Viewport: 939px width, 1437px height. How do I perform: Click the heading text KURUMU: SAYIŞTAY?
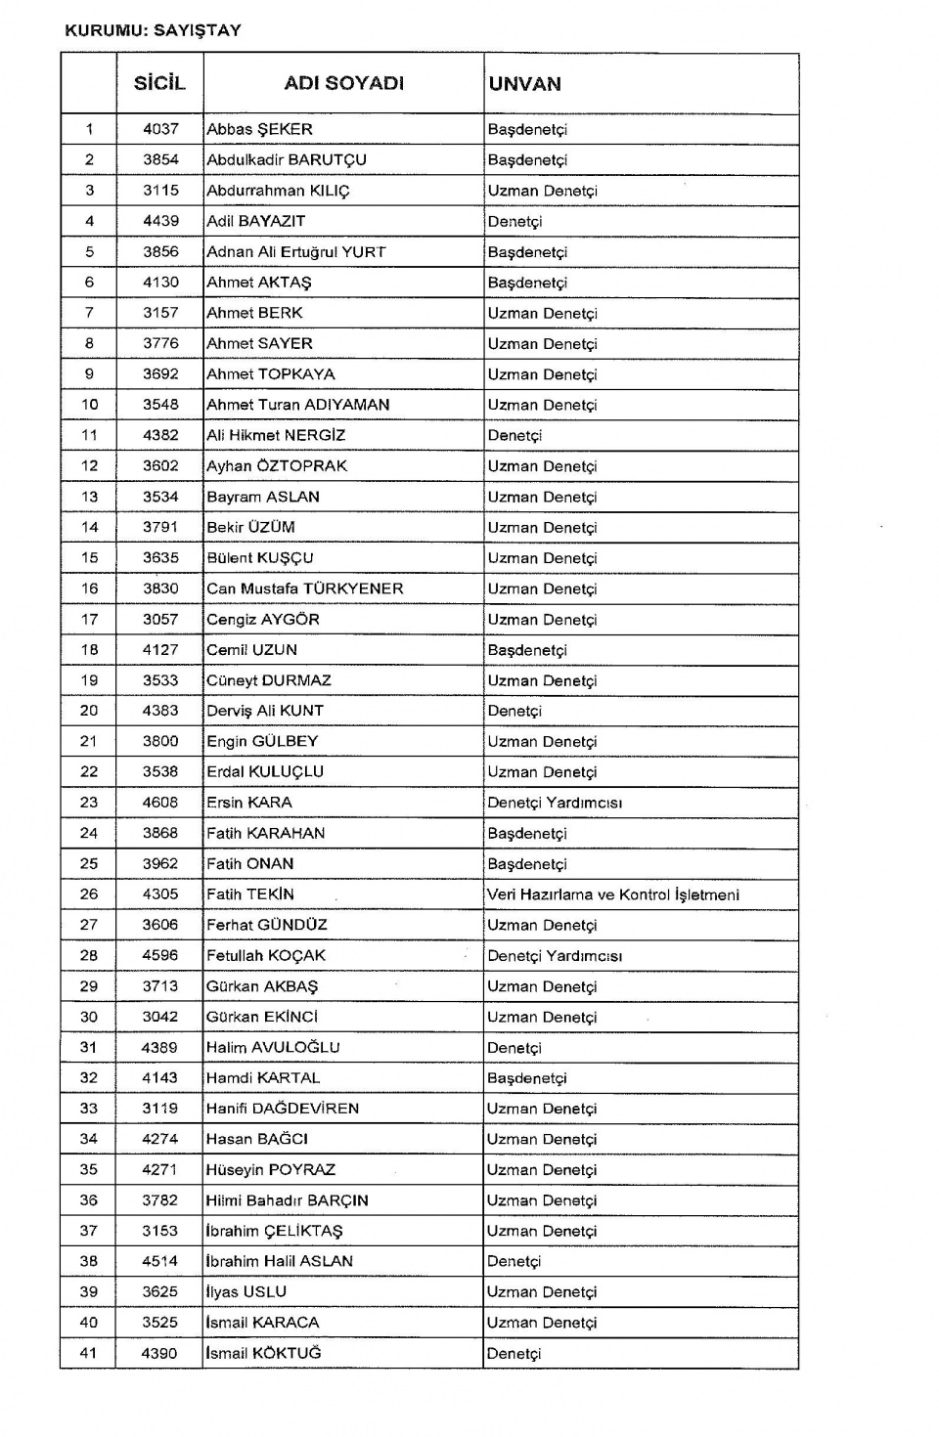tap(153, 30)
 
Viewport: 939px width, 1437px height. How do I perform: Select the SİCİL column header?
tap(159, 84)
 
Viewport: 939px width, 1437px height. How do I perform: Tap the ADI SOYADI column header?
tap(343, 84)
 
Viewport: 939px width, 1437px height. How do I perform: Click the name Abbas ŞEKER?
tap(259, 129)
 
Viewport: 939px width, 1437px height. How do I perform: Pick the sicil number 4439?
tap(160, 221)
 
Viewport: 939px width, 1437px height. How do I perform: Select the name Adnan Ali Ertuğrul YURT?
tap(296, 252)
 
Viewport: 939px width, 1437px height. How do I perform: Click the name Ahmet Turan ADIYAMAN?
tap(298, 405)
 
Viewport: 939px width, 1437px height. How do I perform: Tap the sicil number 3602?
tap(160, 466)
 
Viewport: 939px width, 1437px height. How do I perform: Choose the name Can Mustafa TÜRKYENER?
tap(305, 588)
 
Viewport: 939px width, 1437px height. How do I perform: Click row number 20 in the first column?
tap(89, 711)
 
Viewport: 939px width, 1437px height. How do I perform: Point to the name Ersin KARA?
tap(249, 803)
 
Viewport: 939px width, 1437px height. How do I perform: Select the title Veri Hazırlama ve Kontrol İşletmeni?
tap(613, 894)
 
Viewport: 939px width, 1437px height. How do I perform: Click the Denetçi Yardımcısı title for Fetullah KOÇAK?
tap(555, 956)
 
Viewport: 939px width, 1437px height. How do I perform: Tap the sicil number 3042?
tap(160, 1017)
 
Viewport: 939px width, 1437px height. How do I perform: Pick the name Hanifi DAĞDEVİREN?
tap(283, 1109)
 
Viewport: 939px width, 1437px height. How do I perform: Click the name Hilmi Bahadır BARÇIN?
tap(287, 1200)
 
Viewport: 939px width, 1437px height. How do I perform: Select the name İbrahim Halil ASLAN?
tap(279, 1261)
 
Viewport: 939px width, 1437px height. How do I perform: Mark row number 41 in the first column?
tap(89, 1353)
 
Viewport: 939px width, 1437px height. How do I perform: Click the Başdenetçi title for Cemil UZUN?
tap(527, 650)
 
